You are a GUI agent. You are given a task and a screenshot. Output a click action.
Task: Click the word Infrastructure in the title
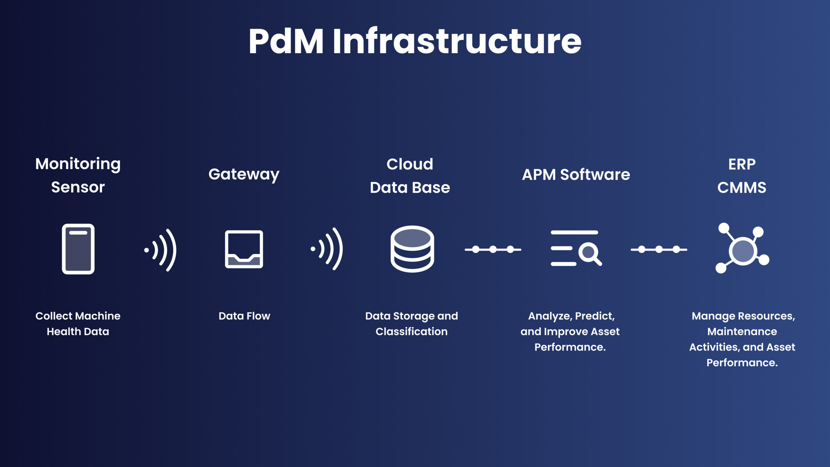(456, 42)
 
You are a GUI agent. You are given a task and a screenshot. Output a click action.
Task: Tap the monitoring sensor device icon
(78, 249)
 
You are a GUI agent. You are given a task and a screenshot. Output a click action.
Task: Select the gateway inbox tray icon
(244, 249)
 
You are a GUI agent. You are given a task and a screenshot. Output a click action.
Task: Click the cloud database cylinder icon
(412, 249)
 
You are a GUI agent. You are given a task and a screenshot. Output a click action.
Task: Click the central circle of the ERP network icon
(743, 251)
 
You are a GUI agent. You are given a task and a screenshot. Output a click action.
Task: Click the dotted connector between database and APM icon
(493, 249)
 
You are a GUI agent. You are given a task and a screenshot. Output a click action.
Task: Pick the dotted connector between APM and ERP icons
(659, 249)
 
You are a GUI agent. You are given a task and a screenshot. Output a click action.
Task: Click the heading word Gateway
(244, 175)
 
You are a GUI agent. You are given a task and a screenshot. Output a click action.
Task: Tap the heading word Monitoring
(78, 164)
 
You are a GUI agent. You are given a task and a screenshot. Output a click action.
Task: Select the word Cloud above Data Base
(410, 164)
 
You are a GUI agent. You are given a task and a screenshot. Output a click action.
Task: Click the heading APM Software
(576, 175)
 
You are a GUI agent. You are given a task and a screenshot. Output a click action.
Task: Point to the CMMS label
(742, 187)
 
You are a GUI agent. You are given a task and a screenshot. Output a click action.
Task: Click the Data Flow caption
(244, 316)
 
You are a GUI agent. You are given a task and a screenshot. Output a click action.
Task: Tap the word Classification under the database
(411, 331)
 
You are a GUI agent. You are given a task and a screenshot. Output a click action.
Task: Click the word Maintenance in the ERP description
(742, 331)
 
